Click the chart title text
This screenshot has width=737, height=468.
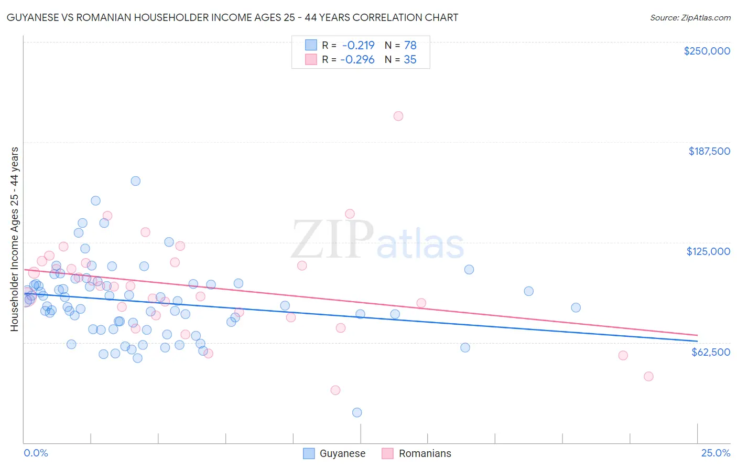coord(232,17)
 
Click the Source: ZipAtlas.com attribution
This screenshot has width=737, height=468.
coord(690,17)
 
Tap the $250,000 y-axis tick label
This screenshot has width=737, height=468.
coord(707,51)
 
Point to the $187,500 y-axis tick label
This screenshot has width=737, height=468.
coord(709,151)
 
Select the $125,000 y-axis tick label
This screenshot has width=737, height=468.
coord(708,251)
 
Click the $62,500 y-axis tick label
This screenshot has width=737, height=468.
coord(710,352)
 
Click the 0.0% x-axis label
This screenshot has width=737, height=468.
coord(36,453)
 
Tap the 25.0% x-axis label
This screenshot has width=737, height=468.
coord(716,453)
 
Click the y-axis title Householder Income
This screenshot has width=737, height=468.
coord(14,239)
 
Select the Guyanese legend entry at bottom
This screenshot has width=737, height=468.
coord(334,453)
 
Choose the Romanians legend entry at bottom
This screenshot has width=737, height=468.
coord(416,453)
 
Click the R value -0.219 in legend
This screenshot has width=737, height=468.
coord(358,46)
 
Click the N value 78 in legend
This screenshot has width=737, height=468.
coord(410,46)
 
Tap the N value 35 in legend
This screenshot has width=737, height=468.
coord(410,60)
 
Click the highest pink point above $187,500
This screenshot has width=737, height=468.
coord(398,116)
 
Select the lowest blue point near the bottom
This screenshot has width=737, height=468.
coord(357,412)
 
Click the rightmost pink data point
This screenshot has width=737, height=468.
coord(648,376)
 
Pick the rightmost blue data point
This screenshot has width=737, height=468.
coord(576,308)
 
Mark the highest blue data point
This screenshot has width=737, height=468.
coord(135,181)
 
